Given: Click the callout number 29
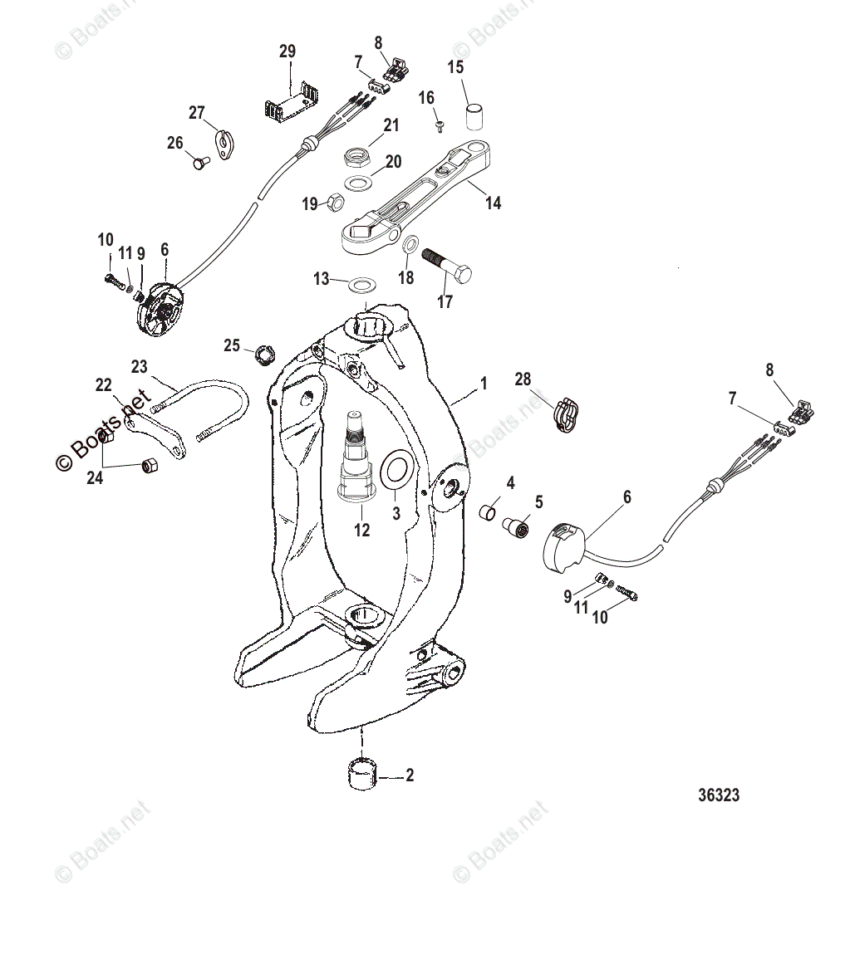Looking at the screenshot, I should [287, 51].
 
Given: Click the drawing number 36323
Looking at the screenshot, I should [718, 795].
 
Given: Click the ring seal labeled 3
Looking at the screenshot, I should [395, 469].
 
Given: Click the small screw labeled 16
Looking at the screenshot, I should [439, 125].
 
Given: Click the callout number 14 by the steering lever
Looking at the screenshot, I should [494, 202].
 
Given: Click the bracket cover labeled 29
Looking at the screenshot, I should [291, 102].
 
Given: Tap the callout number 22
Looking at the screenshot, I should [103, 384].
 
